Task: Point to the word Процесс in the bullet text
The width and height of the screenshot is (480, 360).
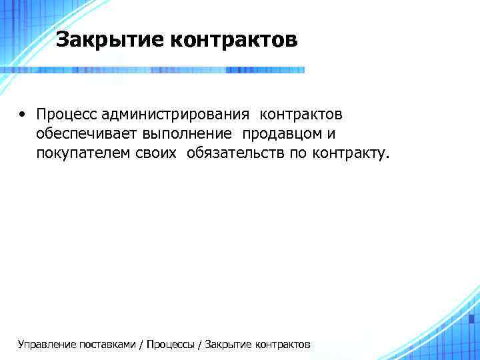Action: click(x=67, y=115)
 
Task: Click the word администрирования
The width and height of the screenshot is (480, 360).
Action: click(x=176, y=115)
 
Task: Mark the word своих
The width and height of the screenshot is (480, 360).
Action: click(x=158, y=155)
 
